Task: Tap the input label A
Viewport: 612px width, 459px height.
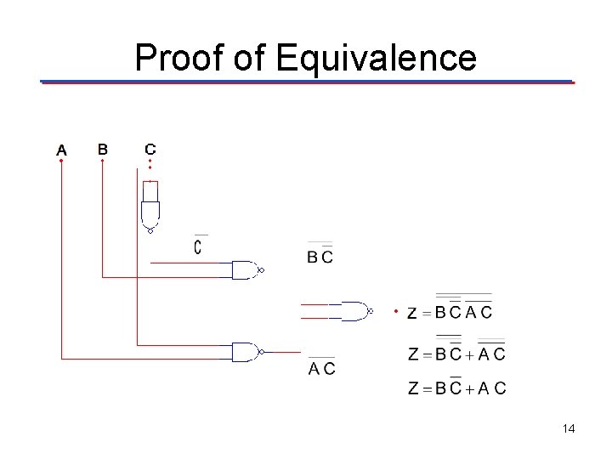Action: pos(61,150)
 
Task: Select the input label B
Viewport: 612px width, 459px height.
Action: pos(102,149)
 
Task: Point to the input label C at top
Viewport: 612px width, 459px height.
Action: pos(150,149)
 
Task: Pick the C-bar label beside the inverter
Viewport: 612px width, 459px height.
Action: pos(198,246)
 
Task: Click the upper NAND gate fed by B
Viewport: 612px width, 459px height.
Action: pos(246,270)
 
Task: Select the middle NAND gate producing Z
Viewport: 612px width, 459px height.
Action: pos(355,311)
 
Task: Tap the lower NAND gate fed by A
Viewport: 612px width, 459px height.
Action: pos(246,351)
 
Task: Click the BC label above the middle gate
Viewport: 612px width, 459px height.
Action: pos(320,256)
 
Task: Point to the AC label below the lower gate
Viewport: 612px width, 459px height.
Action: pos(321,368)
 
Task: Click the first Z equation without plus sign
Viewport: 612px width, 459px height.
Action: pos(450,311)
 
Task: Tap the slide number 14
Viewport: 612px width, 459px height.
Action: pos(568,429)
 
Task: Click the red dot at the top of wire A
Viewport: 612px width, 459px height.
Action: pos(61,162)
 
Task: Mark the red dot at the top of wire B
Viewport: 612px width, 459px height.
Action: pos(102,161)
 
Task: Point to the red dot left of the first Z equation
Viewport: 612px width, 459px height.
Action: pos(395,311)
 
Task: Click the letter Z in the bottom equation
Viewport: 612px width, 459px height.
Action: pos(413,389)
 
